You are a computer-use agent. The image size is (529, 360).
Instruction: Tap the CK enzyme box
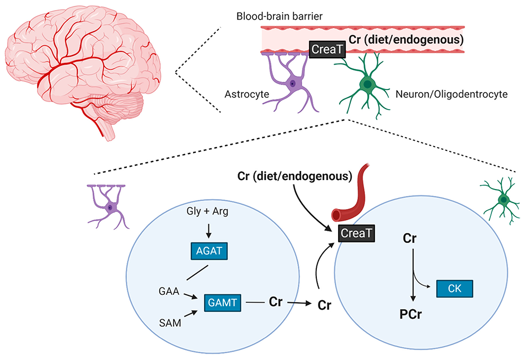point(454,289)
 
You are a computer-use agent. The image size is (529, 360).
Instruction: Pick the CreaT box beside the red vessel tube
point(355,231)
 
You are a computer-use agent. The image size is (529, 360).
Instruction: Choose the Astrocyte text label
point(246,94)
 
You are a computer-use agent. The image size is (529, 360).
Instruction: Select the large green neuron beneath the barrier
point(365,84)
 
